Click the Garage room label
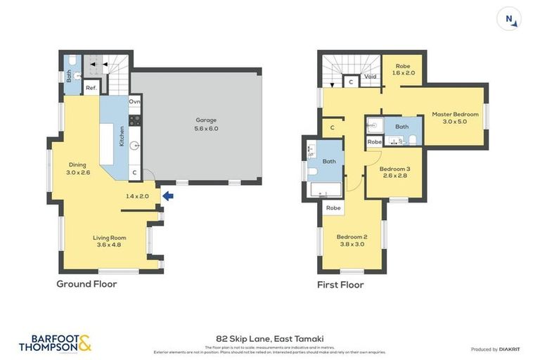coord(206,124)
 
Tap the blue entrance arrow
coord(167,196)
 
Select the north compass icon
coord(510,19)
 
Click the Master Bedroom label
coord(455,117)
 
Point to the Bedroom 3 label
coord(394,172)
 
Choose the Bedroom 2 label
coord(352,240)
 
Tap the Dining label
coord(77,168)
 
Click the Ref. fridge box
coord(91,88)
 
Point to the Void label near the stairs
coord(371,76)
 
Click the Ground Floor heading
coord(86,284)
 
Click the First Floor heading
coord(340,285)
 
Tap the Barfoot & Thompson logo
coord(55,343)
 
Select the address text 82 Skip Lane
coord(270,338)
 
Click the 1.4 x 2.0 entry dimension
coord(137,196)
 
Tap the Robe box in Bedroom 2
coord(333,208)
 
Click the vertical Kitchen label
coord(122,135)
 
